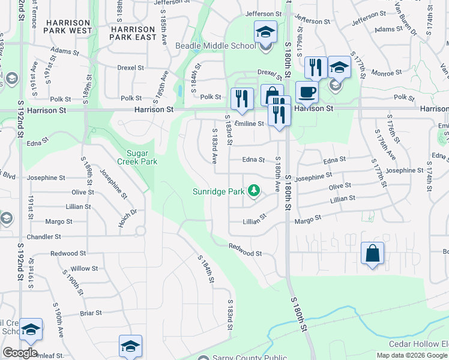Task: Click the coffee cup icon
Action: click(307, 92)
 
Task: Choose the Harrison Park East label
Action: click(134, 32)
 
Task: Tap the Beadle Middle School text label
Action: click(207, 46)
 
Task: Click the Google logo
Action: click(20, 353)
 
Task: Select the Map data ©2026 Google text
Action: click(411, 355)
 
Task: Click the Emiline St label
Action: click(249, 124)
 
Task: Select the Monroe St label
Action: click(387, 73)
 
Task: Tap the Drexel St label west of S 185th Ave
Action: click(131, 68)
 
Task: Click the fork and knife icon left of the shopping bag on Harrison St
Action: click(241, 99)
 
